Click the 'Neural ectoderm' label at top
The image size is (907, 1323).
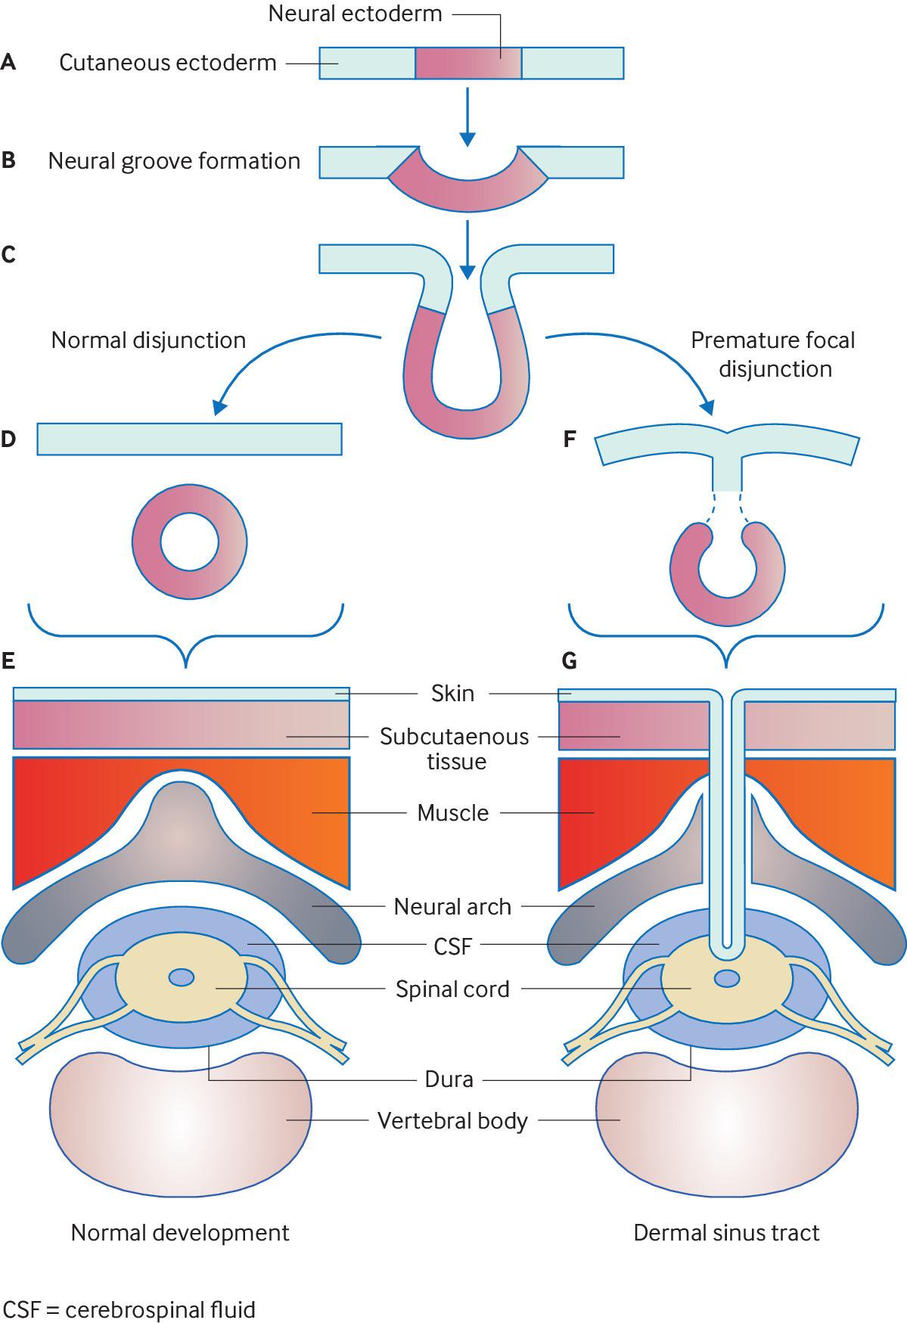(x=355, y=14)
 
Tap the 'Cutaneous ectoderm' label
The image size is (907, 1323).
(x=168, y=63)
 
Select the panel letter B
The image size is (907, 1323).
(x=9, y=161)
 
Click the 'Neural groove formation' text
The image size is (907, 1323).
(x=174, y=161)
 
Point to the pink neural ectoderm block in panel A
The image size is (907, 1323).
(x=467, y=63)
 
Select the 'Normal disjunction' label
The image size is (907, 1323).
(x=148, y=340)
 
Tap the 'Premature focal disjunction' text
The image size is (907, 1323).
(x=773, y=354)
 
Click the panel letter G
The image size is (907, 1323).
(x=570, y=662)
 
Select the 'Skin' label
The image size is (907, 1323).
(x=452, y=693)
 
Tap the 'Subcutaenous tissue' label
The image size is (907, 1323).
(x=454, y=748)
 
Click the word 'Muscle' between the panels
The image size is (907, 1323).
(x=452, y=813)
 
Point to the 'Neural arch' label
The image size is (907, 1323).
(x=452, y=906)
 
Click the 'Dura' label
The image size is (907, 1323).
(x=449, y=1079)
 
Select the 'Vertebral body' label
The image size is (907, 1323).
(x=452, y=1120)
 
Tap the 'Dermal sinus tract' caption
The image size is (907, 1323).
(x=726, y=1233)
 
